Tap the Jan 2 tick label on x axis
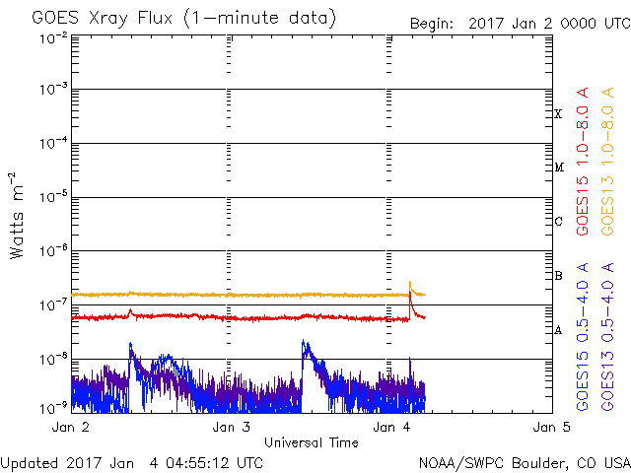[x=70, y=428]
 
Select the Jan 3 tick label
[x=231, y=428]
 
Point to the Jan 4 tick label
[x=391, y=428]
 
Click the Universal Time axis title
[x=311, y=442]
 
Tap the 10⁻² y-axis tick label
[x=54, y=37]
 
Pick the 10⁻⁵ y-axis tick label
[x=54, y=197]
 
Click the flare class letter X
[x=558, y=114]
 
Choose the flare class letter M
[x=558, y=168]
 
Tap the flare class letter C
[x=558, y=221]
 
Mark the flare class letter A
[x=558, y=329]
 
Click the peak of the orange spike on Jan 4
[x=410, y=282]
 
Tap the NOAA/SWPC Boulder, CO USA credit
[x=524, y=462]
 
